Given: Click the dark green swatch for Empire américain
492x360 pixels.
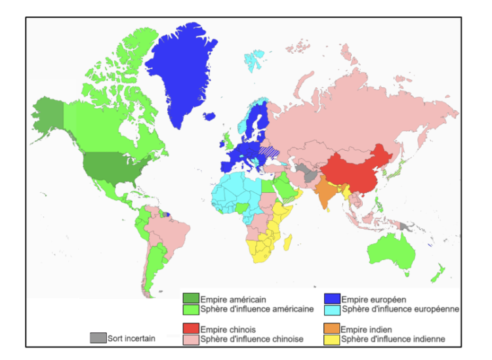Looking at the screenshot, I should [x=191, y=298].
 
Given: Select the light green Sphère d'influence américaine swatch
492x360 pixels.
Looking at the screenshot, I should [x=191, y=308].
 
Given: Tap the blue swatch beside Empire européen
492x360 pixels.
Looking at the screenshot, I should [x=332, y=298].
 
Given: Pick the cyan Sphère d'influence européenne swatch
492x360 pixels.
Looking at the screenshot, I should [x=332, y=308].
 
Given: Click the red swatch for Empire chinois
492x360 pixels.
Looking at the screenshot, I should [x=191, y=329].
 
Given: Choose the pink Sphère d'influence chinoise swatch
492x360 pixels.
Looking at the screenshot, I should [x=191, y=338].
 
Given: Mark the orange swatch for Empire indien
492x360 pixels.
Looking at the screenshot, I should [x=332, y=329].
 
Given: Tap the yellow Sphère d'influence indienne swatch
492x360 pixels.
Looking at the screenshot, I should [x=332, y=338].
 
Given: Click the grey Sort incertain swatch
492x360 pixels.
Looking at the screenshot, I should [x=98, y=338].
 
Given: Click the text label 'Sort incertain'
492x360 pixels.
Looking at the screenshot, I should [x=131, y=338].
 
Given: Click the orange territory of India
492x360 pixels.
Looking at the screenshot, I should [x=325, y=193].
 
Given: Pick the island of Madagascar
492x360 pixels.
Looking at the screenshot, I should [x=287, y=244].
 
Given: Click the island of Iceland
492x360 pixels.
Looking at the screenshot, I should [x=209, y=117].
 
